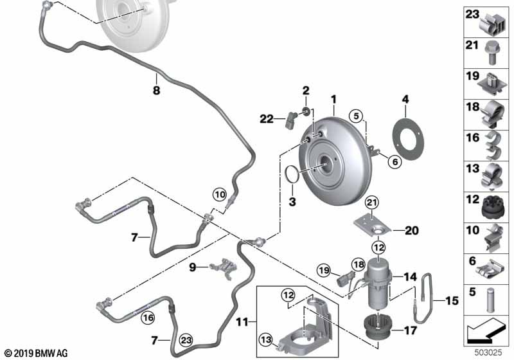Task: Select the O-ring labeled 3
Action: click(x=286, y=174)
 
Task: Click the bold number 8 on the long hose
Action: click(x=156, y=90)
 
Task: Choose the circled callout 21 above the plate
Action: click(x=372, y=203)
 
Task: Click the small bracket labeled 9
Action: click(x=223, y=267)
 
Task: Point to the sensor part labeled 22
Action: click(x=61, y=120)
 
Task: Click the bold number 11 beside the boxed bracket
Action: click(x=242, y=322)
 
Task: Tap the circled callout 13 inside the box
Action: click(x=265, y=339)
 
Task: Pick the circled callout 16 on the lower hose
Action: click(x=148, y=318)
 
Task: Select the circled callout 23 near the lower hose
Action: click(x=186, y=340)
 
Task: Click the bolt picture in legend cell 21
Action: click(x=490, y=53)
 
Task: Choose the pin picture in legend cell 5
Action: click(x=491, y=300)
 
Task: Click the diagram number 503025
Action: click(x=488, y=353)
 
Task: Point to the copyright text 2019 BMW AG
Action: click(x=41, y=354)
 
